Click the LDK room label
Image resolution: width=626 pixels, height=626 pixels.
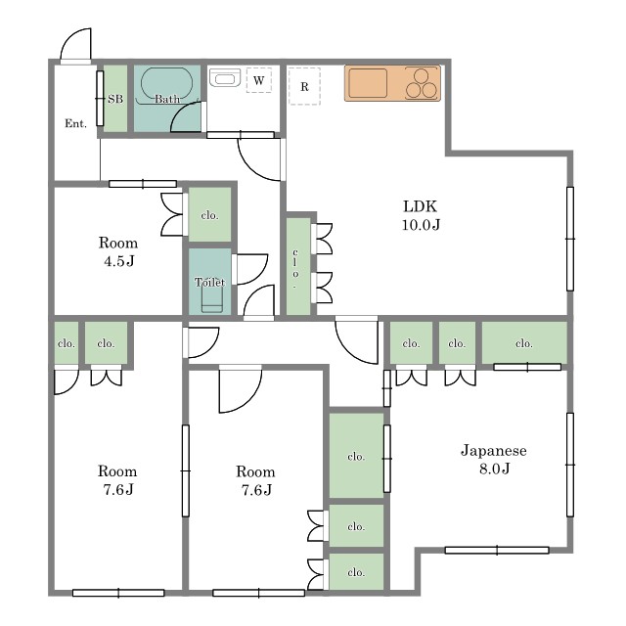[421, 215]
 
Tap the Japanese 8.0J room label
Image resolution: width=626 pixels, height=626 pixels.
[494, 459]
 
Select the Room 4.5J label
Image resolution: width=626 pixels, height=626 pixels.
[118, 251]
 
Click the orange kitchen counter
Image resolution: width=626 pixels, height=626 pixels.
[392, 83]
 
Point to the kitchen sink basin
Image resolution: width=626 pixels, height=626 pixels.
[368, 83]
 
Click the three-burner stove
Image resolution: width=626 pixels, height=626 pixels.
[422, 83]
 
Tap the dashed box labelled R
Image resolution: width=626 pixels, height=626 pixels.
[304, 86]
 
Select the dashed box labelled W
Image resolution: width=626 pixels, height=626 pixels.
[258, 80]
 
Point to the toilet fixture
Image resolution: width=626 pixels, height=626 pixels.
[211, 298]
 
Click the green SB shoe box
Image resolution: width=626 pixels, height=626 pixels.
[115, 98]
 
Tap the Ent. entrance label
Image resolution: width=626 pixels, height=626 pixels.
[76, 124]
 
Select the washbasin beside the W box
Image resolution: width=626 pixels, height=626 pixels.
[225, 77]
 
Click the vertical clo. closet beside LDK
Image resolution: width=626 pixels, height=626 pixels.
[298, 265]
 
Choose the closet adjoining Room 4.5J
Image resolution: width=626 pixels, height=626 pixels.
[209, 214]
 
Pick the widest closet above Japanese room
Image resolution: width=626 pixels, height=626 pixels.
[524, 342]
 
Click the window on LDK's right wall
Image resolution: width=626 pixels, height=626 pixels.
[570, 239]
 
